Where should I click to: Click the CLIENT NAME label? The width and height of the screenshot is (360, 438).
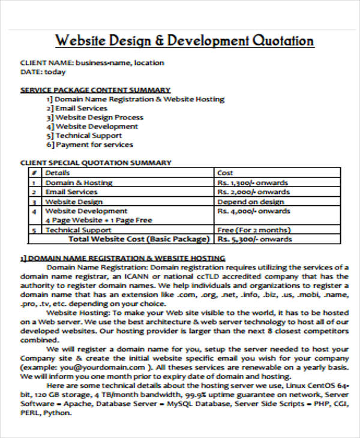tap(47, 62)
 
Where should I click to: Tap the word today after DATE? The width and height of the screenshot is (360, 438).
tap(55, 72)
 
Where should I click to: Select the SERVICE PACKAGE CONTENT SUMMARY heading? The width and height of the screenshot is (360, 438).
tap(95, 90)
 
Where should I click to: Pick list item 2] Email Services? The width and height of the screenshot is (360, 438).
tap(77, 108)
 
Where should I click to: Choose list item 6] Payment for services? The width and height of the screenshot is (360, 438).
tap(90, 145)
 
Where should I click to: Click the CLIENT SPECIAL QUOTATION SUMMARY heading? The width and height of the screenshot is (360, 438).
tap(96, 163)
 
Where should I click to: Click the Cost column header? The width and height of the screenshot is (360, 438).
tap(225, 173)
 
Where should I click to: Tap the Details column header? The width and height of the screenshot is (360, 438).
tap(58, 173)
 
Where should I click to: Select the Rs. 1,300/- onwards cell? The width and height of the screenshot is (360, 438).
tap(252, 182)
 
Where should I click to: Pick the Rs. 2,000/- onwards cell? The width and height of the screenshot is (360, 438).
tap(253, 192)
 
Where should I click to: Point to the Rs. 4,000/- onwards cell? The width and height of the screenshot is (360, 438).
tap(253, 211)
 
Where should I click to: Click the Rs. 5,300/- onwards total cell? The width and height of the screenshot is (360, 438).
tap(254, 239)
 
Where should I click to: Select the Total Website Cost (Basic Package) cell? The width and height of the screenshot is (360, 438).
tap(139, 239)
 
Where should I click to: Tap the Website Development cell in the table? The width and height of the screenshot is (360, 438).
tap(86, 211)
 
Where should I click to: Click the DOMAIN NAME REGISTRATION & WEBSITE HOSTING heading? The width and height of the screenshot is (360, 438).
tap(123, 258)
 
